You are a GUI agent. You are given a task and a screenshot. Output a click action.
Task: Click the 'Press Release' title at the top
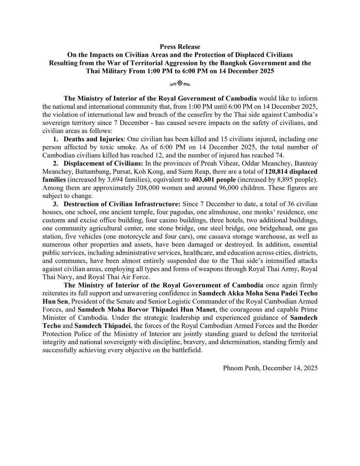click(x=180, y=47)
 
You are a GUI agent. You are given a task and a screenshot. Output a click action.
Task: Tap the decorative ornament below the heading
click(x=180, y=84)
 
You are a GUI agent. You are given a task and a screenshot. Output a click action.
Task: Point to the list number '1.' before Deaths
click(x=55, y=139)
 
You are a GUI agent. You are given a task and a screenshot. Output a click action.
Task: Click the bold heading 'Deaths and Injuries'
click(x=94, y=139)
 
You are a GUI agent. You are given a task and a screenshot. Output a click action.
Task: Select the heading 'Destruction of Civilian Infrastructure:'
click(x=122, y=204)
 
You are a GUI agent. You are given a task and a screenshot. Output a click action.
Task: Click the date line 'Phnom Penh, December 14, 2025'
click(x=270, y=368)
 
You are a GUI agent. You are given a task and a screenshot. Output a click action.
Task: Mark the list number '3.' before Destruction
click(x=55, y=204)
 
